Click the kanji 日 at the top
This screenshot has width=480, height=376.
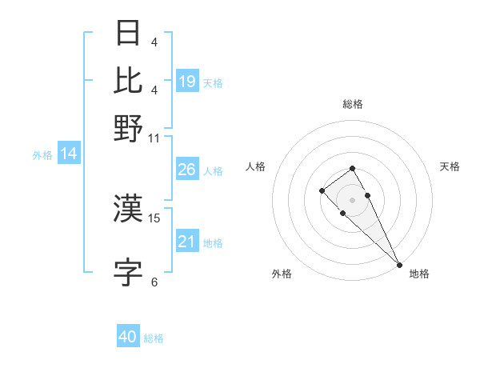click(129, 34)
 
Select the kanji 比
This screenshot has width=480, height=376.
click(129, 80)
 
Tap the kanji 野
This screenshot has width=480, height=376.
click(129, 128)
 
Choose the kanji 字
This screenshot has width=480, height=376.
click(129, 273)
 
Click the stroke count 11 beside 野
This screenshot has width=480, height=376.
click(154, 138)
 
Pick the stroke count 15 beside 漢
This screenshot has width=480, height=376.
click(154, 218)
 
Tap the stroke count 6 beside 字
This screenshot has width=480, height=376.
click(154, 282)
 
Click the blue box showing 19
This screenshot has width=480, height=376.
click(187, 81)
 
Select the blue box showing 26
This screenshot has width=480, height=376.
click(187, 170)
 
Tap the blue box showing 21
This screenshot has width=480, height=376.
click(187, 242)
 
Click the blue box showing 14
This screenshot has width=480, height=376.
click(69, 154)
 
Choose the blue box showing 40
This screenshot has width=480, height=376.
click(128, 337)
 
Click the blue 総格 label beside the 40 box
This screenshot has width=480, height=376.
click(154, 338)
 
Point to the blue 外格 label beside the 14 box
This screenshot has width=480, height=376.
click(42, 155)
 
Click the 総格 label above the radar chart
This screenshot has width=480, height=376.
click(352, 104)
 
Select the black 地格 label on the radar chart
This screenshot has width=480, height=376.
click(419, 274)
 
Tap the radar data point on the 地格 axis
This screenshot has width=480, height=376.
click(399, 265)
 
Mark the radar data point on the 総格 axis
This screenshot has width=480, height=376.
click(352, 168)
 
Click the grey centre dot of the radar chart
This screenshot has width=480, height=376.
click(352, 199)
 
